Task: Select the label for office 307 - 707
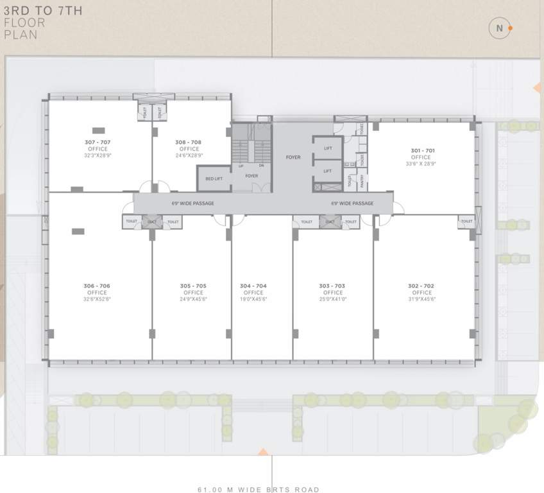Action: click(97, 142)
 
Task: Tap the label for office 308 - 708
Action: click(189, 142)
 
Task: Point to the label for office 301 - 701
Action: click(422, 151)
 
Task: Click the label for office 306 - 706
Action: click(97, 286)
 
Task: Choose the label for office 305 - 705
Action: click(193, 286)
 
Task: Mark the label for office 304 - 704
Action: click(253, 286)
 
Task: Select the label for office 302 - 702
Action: click(421, 286)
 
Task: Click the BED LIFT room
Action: click(214, 178)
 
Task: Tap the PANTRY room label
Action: click(362, 182)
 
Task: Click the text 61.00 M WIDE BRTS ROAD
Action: click(259, 489)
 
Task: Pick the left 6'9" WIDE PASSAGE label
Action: click(193, 203)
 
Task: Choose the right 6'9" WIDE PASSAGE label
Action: click(352, 203)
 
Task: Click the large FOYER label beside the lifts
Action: click(293, 157)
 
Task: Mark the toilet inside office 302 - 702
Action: click(466, 221)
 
